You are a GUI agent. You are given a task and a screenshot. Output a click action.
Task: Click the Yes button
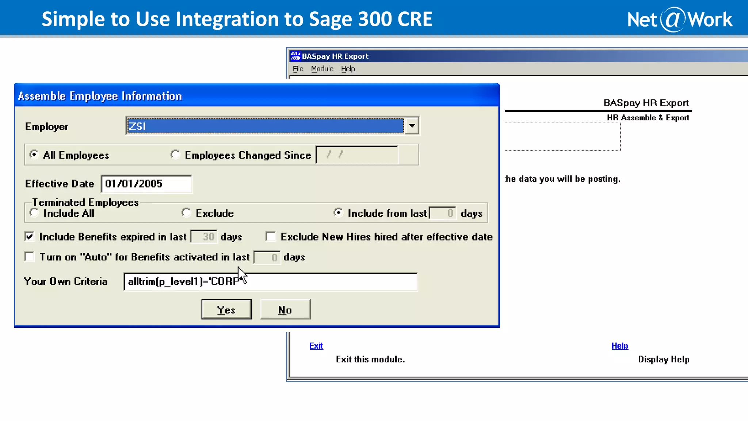[226, 310]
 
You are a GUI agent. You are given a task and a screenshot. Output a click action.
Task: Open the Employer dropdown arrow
[412, 126]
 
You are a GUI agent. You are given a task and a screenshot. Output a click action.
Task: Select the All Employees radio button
[34, 155]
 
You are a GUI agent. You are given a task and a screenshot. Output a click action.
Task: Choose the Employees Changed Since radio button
[175, 155]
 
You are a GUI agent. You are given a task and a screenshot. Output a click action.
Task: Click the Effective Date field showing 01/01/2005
[146, 184]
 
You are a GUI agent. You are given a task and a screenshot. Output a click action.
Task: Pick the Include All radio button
[34, 213]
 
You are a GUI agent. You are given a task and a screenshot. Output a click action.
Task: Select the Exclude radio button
[186, 213]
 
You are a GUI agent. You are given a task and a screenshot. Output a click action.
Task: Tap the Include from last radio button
[339, 213]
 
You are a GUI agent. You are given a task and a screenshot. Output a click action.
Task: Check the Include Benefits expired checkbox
[30, 237]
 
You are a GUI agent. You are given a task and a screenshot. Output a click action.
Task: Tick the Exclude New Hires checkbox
[271, 237]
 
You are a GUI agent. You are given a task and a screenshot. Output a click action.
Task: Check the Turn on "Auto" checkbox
[30, 257]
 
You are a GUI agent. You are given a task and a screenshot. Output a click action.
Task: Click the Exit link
[316, 346]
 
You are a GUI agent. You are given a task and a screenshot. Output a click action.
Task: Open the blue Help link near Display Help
[620, 346]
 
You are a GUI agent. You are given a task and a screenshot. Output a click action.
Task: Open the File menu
[298, 69]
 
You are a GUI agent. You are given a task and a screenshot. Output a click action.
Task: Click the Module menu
[322, 69]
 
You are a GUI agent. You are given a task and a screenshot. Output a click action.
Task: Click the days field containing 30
[204, 237]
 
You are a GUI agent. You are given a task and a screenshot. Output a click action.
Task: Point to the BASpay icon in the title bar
[295, 56]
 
